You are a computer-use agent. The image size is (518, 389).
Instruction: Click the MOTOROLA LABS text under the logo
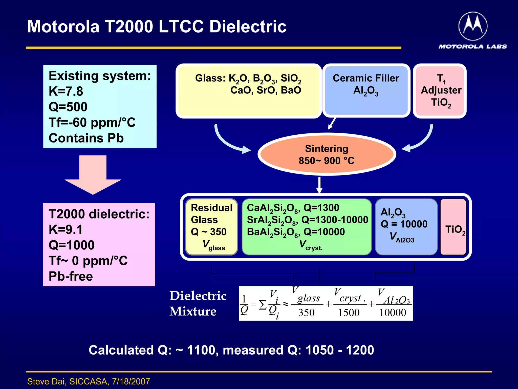[472, 46]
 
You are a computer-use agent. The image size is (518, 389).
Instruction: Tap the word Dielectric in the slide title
[248, 27]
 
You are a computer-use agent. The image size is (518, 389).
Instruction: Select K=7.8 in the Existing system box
[66, 91]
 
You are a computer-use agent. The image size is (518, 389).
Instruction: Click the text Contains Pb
[86, 138]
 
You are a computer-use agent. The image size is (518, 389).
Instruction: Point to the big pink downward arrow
[93, 175]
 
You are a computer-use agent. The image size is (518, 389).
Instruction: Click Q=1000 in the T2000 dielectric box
[72, 245]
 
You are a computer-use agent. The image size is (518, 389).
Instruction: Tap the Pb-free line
[71, 276]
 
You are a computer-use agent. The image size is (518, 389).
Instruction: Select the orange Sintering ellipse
[327, 154]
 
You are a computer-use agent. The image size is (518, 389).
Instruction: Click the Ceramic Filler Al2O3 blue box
[366, 91]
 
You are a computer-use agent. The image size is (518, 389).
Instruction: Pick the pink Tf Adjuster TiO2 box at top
[440, 91]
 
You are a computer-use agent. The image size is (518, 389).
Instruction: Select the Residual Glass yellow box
[211, 227]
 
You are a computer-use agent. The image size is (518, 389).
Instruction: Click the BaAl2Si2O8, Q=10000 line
[296, 232]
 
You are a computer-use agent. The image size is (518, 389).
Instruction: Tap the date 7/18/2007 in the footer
[131, 381]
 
